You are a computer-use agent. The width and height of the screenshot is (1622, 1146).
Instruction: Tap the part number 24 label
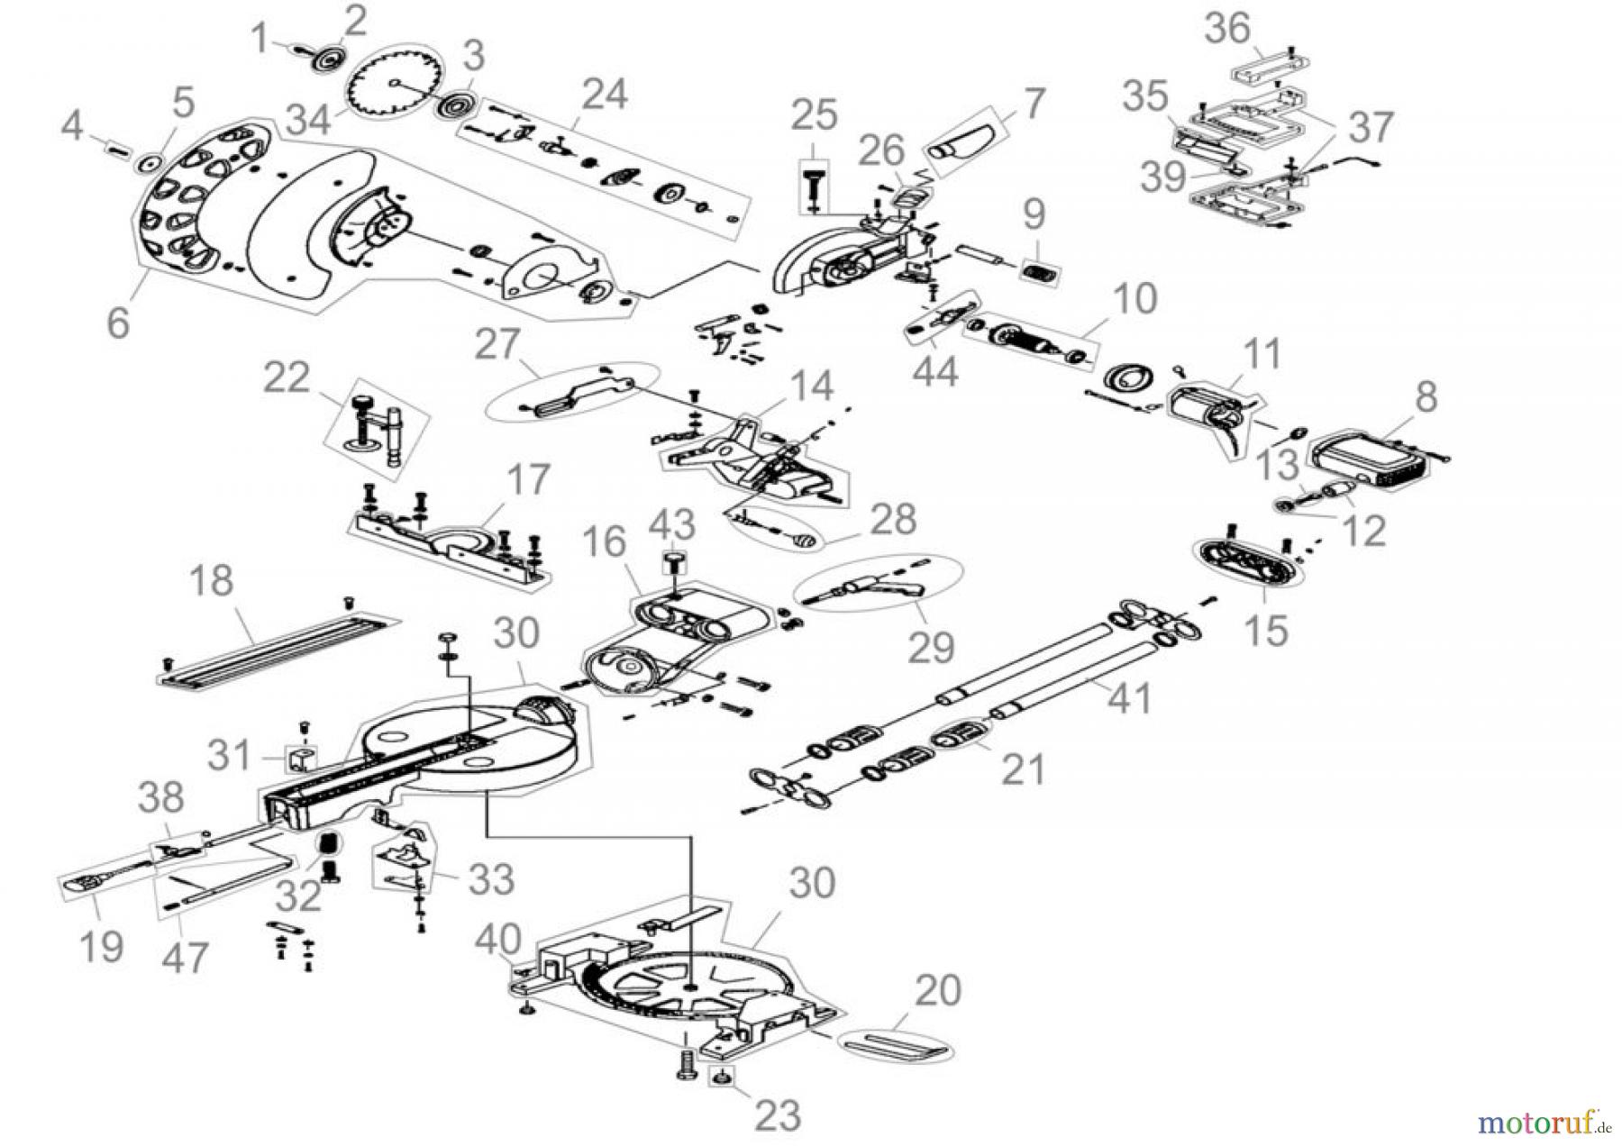pyautogui.click(x=605, y=94)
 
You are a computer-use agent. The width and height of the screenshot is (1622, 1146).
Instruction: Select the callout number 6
pyautogui.click(x=118, y=321)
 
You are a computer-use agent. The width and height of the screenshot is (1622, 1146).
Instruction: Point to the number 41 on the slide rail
pyautogui.click(x=1129, y=697)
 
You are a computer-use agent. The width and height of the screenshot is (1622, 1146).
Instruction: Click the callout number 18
pyautogui.click(x=213, y=581)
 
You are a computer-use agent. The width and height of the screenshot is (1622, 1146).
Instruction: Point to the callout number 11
pyautogui.click(x=1261, y=355)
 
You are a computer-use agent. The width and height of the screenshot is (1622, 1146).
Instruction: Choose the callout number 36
pyautogui.click(x=1228, y=29)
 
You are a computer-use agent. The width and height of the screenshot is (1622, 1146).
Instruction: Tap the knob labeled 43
pyautogui.click(x=673, y=562)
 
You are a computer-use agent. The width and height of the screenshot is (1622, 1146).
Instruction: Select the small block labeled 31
pyautogui.click(x=302, y=759)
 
